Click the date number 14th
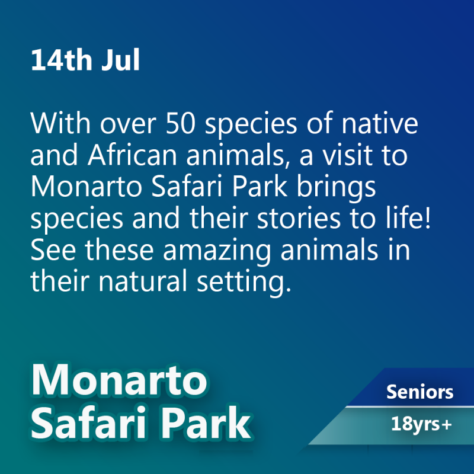[62, 60]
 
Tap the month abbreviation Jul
[121, 60]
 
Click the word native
[380, 123]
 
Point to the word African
[132, 155]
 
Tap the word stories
[299, 218]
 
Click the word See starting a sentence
[53, 250]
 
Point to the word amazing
[217, 252]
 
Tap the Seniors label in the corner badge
[420, 392]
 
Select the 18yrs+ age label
[421, 424]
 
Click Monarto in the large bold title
[119, 380]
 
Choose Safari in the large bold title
[89, 422]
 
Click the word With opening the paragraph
[60, 123]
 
